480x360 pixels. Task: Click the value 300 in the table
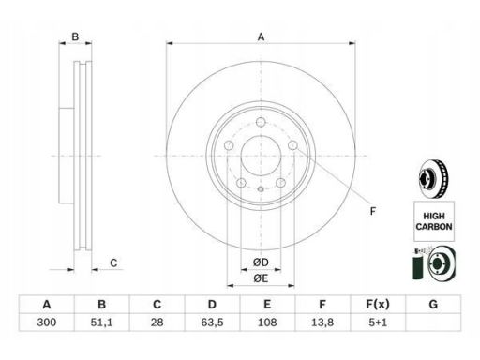[47, 322]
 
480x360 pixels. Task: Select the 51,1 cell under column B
[101, 322]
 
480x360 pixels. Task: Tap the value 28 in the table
[157, 322]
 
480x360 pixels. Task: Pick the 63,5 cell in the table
[212, 322]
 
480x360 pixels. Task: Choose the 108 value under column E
[267, 322]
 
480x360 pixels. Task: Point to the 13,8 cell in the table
[322, 322]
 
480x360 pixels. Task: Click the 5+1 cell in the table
[378, 322]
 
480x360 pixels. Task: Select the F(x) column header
[378, 304]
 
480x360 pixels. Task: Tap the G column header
[433, 304]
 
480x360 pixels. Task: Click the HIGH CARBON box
[434, 221]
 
